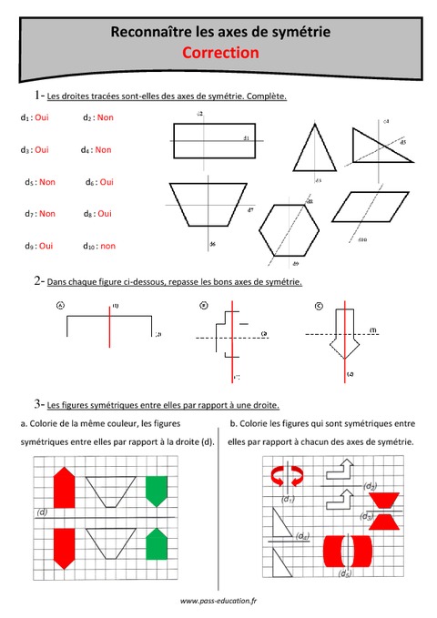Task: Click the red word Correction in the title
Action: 221,54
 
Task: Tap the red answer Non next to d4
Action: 103,150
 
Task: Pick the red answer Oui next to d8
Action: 105,214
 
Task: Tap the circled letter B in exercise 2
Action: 204,307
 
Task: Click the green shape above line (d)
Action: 158,491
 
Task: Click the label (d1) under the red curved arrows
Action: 288,500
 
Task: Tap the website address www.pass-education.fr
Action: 218,602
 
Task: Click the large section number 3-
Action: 36,403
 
